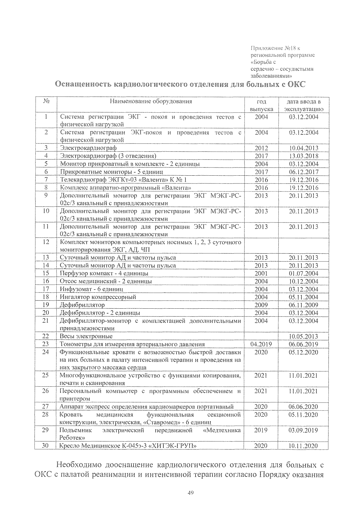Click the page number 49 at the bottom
point(190,492)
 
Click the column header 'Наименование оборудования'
point(151,101)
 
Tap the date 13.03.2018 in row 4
point(304,156)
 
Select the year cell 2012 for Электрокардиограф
point(261,148)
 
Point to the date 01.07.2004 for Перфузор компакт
point(304,274)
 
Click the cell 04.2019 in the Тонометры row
point(261,344)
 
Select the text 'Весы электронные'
point(86,337)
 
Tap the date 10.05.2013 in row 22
point(304,337)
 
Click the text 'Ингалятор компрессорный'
point(98,297)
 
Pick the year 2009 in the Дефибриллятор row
point(261,305)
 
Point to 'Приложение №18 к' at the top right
point(275,48)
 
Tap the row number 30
point(45,446)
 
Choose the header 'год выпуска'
point(261,105)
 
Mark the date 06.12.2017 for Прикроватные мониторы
point(304,172)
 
